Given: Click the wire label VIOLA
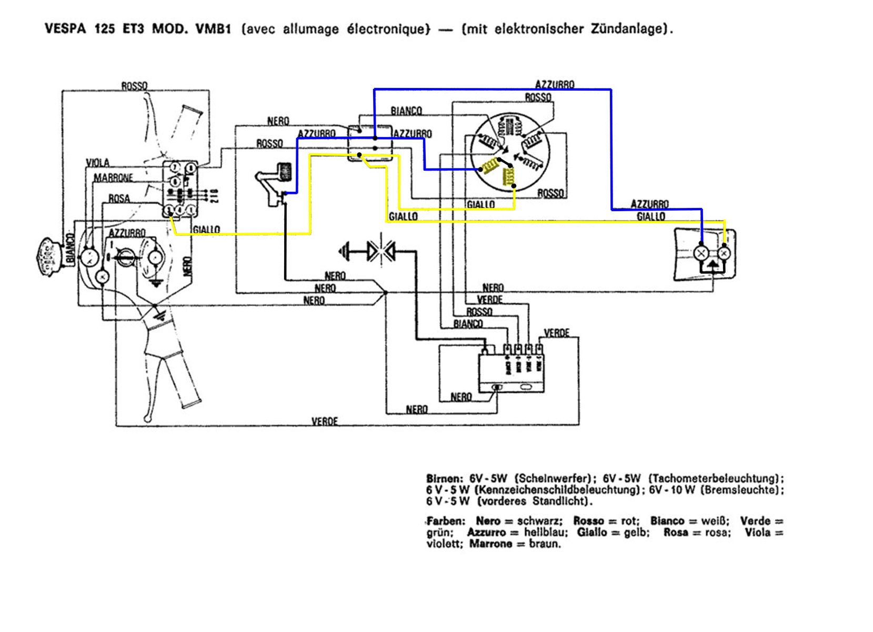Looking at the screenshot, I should tap(97, 163).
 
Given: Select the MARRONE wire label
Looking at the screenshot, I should tap(113, 178).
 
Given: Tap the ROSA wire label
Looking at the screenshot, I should tap(118, 199).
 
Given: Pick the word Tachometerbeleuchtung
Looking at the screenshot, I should tap(716, 479).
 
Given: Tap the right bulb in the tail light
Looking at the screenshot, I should tap(724, 253).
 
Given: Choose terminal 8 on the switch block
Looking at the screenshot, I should tap(190, 169).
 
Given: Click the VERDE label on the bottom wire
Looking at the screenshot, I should tap(324, 421).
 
